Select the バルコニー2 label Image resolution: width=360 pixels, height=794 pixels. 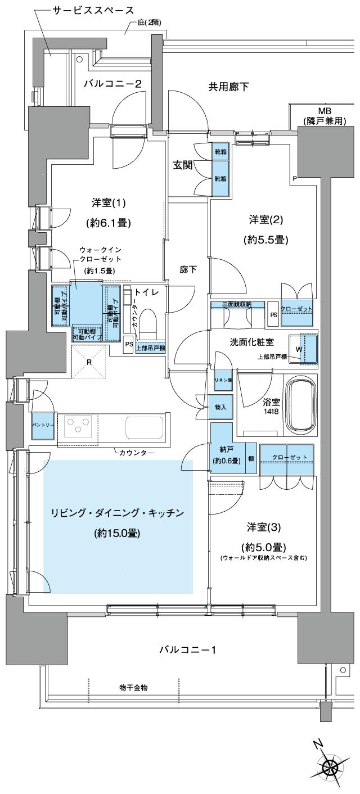pyautogui.click(x=112, y=84)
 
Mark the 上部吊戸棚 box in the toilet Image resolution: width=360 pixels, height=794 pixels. pyautogui.click(x=150, y=348)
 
